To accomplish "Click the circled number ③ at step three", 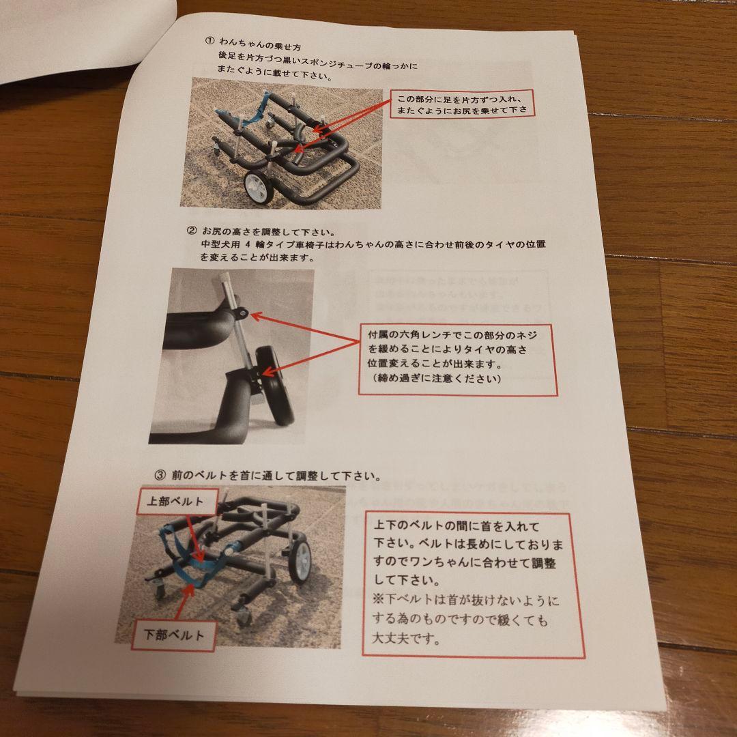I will pyautogui.click(x=160, y=474).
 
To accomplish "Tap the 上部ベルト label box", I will pyautogui.click(x=175, y=500).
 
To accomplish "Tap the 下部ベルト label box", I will pyautogui.click(x=175, y=635).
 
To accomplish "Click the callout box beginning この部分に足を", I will pyautogui.click(x=462, y=103).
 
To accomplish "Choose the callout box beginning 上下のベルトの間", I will pyautogui.click(x=472, y=583).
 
